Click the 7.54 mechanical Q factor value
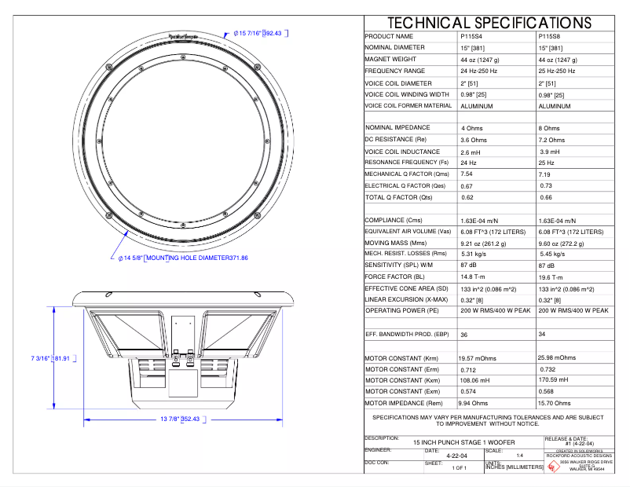coord(467,174)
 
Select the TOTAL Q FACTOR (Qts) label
coord(399,197)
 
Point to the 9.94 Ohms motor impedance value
coord(479,403)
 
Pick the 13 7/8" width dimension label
coord(180,419)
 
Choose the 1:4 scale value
coord(519,456)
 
